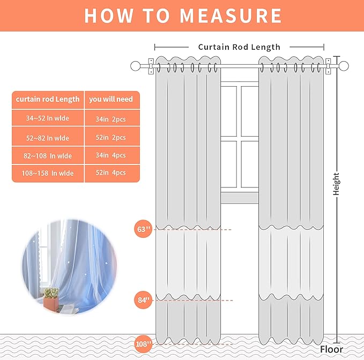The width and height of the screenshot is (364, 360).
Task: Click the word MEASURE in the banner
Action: pos(231,16)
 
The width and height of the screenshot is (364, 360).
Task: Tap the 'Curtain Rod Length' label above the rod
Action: pos(239,47)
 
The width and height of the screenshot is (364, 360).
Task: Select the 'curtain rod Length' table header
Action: pos(48,99)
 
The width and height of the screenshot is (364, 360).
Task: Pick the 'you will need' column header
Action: pos(111,99)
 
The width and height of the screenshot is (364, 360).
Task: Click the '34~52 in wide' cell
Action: pos(48,118)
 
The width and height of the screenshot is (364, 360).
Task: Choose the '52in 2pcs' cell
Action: pos(111,138)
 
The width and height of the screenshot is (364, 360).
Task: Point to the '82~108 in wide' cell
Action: pos(48,156)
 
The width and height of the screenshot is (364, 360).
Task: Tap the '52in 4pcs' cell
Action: pos(111,172)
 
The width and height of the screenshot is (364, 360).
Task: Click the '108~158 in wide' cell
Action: pos(48,173)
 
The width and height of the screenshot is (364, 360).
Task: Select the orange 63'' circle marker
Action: pos(143,229)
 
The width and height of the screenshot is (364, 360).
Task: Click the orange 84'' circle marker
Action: pos(143,300)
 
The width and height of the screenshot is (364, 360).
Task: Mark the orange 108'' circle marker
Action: pos(143,344)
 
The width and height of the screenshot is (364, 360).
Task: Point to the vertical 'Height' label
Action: pos(336,184)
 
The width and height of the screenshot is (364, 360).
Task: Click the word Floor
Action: pos(331,349)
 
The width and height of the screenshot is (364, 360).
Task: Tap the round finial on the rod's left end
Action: pos(135,66)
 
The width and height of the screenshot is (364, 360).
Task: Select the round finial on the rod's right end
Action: pos(344,66)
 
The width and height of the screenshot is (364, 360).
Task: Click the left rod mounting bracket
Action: pos(151,66)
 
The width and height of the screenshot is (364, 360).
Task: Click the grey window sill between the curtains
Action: pos(239,198)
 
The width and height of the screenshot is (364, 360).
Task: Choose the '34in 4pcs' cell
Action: pos(111,155)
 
